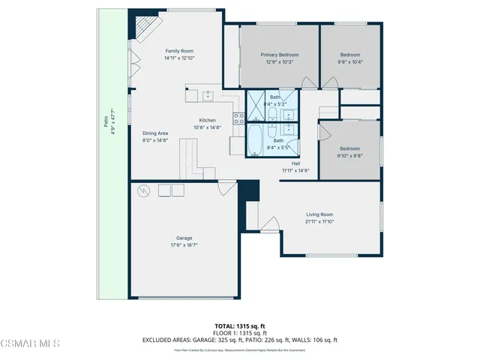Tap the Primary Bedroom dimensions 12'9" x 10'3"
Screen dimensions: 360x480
[x=279, y=62]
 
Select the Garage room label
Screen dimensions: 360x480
[x=163, y=238]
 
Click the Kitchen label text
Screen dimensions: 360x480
[x=207, y=120]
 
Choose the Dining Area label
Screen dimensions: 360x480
[x=155, y=133]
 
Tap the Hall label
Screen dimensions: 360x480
[x=295, y=163]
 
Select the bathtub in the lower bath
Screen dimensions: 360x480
[x=256, y=139]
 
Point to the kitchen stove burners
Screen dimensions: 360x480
[x=240, y=117]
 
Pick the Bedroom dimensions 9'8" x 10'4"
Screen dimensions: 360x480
[x=350, y=62]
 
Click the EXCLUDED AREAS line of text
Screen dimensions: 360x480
[x=239, y=340]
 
